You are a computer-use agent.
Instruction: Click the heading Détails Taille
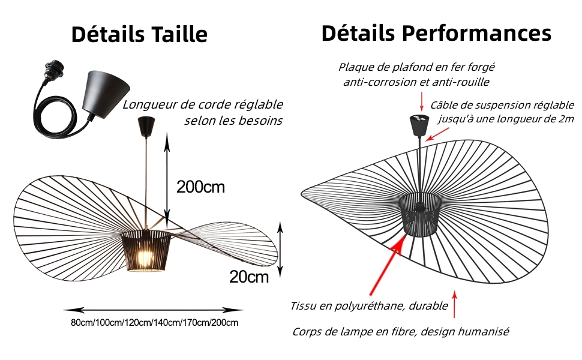point(139,34)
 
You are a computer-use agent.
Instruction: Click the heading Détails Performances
point(436,33)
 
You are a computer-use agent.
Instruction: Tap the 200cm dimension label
point(200,187)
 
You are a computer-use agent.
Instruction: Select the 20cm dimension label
point(248,277)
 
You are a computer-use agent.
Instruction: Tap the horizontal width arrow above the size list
point(153,310)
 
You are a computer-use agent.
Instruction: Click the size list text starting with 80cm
point(154,323)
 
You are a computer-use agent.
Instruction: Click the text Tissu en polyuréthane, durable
point(369,306)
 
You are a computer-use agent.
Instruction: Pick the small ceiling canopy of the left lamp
point(146,126)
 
